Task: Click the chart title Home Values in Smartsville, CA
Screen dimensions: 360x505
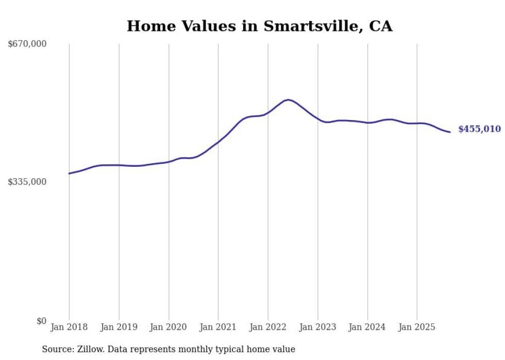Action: point(260,26)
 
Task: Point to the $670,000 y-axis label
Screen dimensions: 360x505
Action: point(27,44)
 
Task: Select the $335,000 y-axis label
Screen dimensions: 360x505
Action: point(27,182)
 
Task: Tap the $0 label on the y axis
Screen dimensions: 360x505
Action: point(41,321)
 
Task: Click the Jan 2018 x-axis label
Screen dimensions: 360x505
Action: point(69,327)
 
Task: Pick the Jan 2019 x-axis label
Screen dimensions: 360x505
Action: point(119,327)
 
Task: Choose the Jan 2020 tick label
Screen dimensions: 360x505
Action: point(169,327)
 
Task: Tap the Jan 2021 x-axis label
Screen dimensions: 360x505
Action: point(218,327)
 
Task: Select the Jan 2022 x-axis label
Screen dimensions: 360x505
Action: point(268,327)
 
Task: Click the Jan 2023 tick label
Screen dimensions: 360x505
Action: point(317,327)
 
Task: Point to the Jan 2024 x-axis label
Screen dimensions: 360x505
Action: point(367,327)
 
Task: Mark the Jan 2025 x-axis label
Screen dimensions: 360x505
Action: point(417,327)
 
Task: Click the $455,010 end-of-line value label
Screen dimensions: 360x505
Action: point(479,129)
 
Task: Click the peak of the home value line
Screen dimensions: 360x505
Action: point(288,100)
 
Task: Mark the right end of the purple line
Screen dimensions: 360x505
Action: point(450,132)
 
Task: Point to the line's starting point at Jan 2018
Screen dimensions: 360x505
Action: point(69,174)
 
